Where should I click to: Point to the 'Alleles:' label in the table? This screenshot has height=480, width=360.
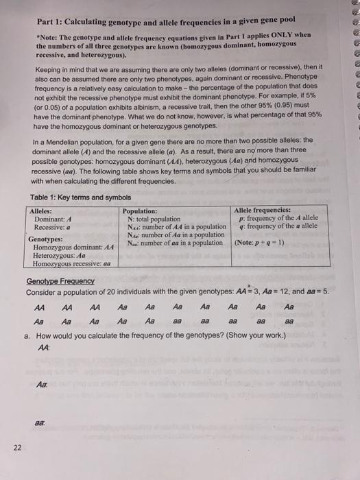43,210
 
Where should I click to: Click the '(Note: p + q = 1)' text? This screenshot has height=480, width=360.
263,243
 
